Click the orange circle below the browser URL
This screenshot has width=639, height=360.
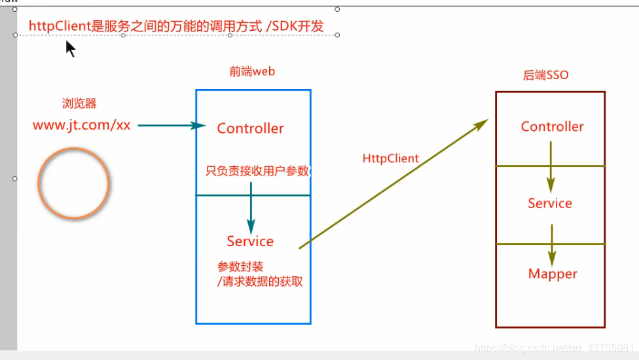[73, 183]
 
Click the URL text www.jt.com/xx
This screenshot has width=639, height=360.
[82, 125]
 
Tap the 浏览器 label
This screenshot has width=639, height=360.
[79, 103]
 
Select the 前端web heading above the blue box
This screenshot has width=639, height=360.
[252, 72]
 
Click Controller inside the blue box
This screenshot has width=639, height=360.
[250, 128]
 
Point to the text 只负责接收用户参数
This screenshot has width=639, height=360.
[257, 171]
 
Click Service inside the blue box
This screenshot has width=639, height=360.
[250, 242]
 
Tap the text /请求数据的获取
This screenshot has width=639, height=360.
[260, 282]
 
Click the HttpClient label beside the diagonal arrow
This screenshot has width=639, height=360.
[390, 158]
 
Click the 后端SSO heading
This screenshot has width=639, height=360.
[545, 75]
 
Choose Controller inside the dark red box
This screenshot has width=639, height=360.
[552, 127]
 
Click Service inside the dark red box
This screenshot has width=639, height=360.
[550, 204]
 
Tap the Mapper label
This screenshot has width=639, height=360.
[553, 274]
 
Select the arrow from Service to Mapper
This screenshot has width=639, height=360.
[552, 243]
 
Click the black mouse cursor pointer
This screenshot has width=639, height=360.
[70, 48]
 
